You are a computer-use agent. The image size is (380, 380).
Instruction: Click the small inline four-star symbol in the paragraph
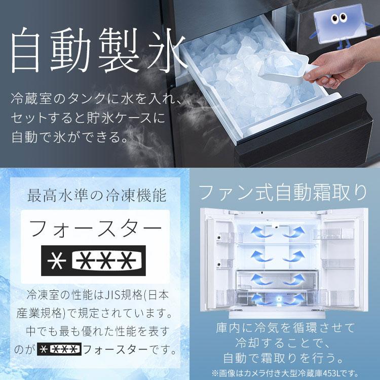[59, 349]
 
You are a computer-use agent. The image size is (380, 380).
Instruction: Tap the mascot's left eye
[334, 20]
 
